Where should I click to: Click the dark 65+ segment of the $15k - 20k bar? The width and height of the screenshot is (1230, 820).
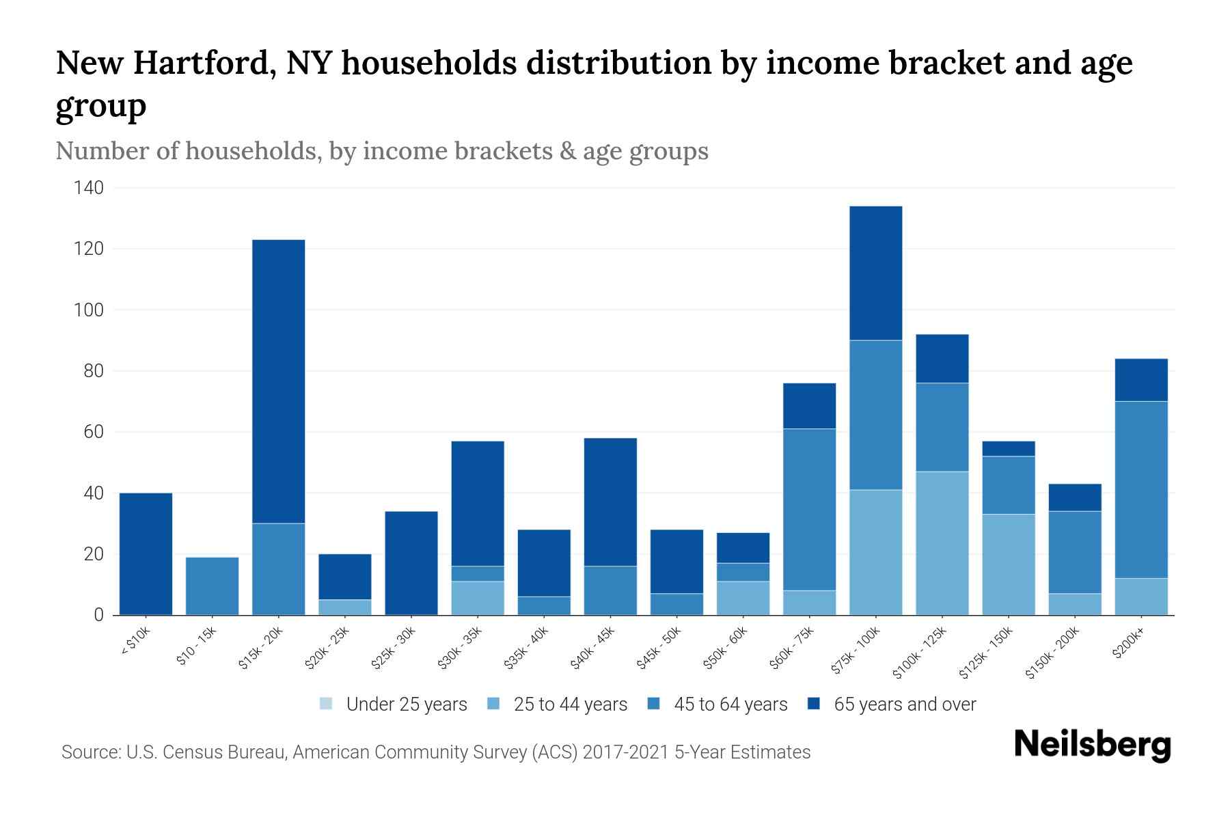point(278,381)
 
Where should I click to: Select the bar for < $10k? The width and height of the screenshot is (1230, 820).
point(146,553)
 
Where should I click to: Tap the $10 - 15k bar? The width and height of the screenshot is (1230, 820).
point(212,586)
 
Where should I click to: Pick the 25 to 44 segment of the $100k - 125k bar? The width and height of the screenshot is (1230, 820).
point(942,543)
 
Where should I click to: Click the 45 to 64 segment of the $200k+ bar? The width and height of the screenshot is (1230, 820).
point(1140,489)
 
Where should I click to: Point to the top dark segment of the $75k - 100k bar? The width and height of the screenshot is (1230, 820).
point(875,273)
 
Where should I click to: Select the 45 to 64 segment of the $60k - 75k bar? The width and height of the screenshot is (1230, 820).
point(809,509)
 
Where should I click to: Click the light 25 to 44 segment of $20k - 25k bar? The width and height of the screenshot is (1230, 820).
point(344,607)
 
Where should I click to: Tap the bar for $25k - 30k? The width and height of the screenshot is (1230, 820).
point(411,562)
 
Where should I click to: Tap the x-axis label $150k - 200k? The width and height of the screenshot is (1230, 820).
point(1052,653)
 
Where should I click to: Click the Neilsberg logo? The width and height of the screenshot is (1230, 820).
point(1092,746)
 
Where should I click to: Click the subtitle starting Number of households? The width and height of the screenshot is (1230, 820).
point(381,151)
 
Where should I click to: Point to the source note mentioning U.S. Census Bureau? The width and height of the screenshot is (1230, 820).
point(435,752)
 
